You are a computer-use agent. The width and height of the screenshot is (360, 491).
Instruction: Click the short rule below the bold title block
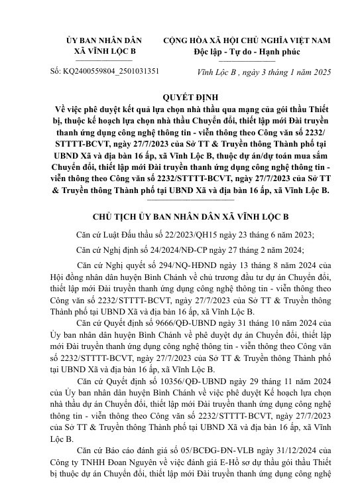(x=180, y=198)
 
